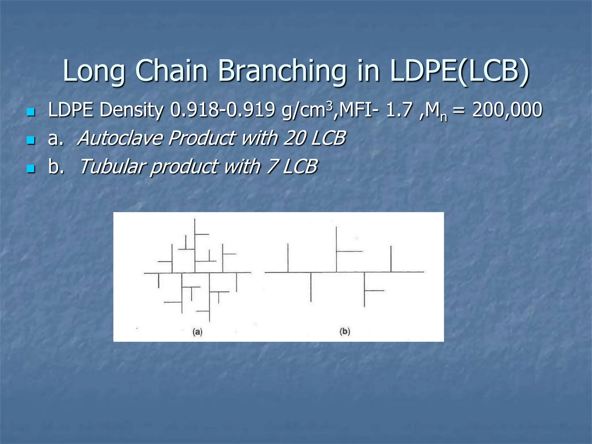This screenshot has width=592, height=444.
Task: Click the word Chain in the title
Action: click(171, 71)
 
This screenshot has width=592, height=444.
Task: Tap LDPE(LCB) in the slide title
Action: click(459, 71)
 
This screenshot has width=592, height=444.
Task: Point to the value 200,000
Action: click(507, 110)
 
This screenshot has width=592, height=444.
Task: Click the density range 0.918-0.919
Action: click(222, 110)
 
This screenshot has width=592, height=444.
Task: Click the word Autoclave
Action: click(120, 138)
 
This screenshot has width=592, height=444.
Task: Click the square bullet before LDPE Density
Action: click(31, 112)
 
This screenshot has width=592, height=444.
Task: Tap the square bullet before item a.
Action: click(31, 140)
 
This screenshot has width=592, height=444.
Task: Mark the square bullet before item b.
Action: click(31, 169)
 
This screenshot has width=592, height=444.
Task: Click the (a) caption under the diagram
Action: click(197, 332)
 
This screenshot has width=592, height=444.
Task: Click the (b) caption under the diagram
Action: click(345, 331)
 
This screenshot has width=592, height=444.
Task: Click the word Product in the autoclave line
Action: click(202, 138)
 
